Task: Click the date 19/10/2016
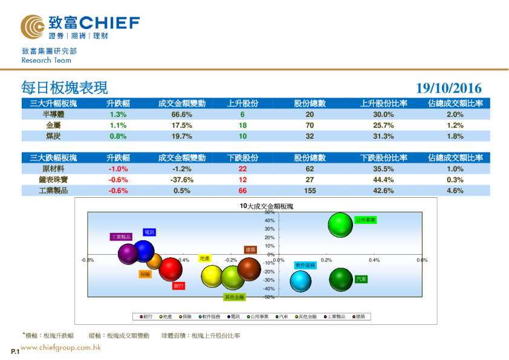click(x=449, y=89)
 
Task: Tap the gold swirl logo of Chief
click(x=32, y=27)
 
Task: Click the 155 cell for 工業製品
click(x=310, y=191)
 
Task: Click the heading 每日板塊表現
click(x=64, y=88)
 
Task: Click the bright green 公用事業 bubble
click(x=340, y=225)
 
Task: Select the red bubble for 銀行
click(x=170, y=270)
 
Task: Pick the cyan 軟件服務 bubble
click(x=300, y=281)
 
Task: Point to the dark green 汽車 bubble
click(x=341, y=279)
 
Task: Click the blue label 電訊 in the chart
click(x=149, y=232)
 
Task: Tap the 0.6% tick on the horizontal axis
click(x=422, y=260)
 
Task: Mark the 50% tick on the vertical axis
click(x=270, y=213)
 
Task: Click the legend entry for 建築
click(x=359, y=316)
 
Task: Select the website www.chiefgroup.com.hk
click(x=60, y=348)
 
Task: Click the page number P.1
click(x=15, y=352)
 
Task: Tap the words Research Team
click(x=46, y=61)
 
